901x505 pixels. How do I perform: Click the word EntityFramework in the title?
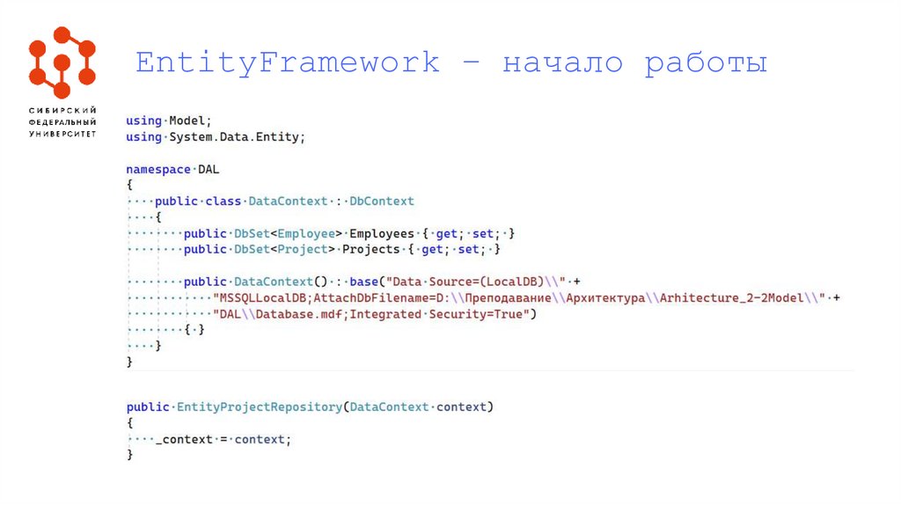point(287,62)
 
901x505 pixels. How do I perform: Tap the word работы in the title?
point(706,63)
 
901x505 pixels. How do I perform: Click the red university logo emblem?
point(62,62)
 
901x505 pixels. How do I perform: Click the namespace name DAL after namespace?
point(209,169)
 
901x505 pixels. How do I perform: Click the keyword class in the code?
point(223,201)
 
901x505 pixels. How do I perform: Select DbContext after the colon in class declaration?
point(381,201)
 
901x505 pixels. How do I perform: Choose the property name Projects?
point(370,249)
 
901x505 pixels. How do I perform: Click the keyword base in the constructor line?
point(363,282)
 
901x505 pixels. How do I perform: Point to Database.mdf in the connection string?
point(291,314)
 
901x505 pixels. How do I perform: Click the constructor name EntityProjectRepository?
point(259,406)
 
